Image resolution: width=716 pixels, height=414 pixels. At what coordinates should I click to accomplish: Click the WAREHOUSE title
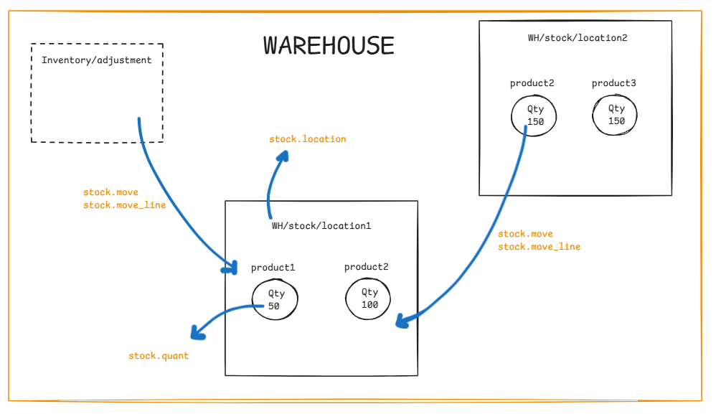tap(329, 45)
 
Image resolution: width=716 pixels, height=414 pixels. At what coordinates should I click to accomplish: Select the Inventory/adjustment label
tap(97, 60)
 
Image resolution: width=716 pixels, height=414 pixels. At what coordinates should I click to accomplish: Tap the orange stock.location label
tap(307, 139)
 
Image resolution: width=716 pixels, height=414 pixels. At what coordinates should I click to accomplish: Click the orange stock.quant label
tap(159, 356)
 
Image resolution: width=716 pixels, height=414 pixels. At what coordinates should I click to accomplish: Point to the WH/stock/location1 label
tap(321, 225)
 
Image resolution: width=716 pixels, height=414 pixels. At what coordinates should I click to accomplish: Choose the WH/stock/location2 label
tap(577, 38)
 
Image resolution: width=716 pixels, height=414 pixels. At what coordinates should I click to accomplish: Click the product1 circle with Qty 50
tap(276, 299)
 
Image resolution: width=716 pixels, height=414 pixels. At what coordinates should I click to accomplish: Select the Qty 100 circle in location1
tap(369, 298)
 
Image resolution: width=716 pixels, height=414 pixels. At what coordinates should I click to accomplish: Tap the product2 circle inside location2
tap(534, 115)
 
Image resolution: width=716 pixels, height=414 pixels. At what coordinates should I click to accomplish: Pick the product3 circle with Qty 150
tap(616, 115)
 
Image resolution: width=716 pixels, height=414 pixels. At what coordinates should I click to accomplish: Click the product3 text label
tap(613, 83)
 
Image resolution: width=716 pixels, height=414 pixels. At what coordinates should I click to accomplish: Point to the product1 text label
tap(273, 268)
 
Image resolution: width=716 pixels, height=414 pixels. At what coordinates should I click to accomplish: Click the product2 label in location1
tap(366, 267)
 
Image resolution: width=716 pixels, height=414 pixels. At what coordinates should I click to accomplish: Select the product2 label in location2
tap(532, 83)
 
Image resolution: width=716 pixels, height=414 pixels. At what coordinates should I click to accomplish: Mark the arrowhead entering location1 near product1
tap(231, 268)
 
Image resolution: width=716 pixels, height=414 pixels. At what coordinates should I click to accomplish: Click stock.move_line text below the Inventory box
tap(124, 205)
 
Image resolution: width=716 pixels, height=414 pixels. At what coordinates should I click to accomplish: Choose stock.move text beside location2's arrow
tap(525, 234)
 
